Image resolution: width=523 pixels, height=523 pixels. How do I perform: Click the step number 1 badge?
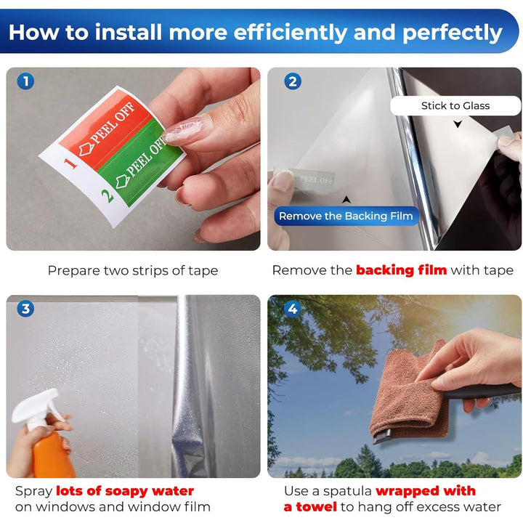pyautogui.click(x=25, y=81)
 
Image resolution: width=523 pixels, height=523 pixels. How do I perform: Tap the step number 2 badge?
pyautogui.click(x=293, y=81)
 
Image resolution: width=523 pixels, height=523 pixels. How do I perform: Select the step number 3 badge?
pyautogui.click(x=25, y=309)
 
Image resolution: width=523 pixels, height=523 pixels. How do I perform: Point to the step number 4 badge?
pyautogui.click(x=293, y=309)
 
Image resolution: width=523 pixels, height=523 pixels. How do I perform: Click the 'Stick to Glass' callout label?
pyautogui.click(x=455, y=106)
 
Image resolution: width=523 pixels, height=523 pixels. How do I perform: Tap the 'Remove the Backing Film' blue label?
pyautogui.click(x=346, y=216)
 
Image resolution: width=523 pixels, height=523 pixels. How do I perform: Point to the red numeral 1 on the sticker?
pyautogui.click(x=70, y=163)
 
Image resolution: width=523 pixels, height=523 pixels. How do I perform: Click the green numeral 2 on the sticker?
pyautogui.click(x=108, y=196)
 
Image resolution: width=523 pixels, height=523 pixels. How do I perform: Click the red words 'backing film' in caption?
pyautogui.click(x=402, y=270)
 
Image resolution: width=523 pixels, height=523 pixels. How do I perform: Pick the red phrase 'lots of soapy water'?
pyautogui.click(x=125, y=491)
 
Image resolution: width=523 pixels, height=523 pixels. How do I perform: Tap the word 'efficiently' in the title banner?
pyautogui.click(x=291, y=33)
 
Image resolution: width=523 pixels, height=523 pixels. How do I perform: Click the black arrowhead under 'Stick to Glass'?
pyautogui.click(x=458, y=124)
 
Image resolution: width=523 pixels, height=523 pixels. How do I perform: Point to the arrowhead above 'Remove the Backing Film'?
pyautogui.click(x=346, y=200)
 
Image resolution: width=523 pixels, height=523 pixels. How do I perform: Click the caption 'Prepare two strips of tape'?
pyautogui.click(x=133, y=270)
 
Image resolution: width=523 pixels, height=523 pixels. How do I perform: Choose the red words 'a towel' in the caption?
pyautogui.click(x=310, y=507)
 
